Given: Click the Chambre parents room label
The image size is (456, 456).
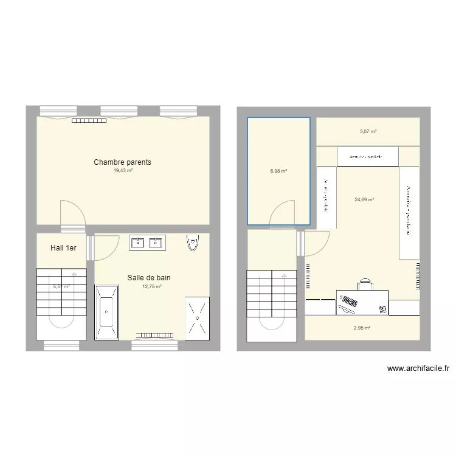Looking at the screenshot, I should coord(122,162).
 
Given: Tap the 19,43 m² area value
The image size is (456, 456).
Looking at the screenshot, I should coord(123,171).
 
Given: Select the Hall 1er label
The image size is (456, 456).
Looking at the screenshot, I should coord(63,248).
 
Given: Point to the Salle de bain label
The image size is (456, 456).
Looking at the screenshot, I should coord(149,278).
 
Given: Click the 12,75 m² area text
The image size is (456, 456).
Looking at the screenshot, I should coord(151,286).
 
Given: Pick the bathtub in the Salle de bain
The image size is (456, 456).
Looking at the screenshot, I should coord(106,312).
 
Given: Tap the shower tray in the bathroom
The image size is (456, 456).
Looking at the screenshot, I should coord(197,316).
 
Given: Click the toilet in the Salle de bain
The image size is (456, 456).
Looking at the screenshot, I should coord(193,243).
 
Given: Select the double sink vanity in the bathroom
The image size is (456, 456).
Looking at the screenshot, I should coord(147,243).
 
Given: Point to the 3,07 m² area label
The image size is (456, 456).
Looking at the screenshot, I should coord(368,131).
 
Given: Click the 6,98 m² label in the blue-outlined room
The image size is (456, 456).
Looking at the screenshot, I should coord(278,171).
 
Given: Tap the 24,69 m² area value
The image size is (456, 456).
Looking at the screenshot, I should coord(364,199).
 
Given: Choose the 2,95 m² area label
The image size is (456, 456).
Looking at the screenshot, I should coord(362,328).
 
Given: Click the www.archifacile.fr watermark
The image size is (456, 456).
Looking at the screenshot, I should coord(418,368).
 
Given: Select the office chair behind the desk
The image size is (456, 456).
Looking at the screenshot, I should coord(365,284).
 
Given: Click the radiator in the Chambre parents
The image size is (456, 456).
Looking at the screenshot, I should coord(89,120).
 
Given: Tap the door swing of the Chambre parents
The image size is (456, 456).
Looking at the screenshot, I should coord(71,212).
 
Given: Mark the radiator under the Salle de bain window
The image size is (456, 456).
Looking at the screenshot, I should coord(155,334).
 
